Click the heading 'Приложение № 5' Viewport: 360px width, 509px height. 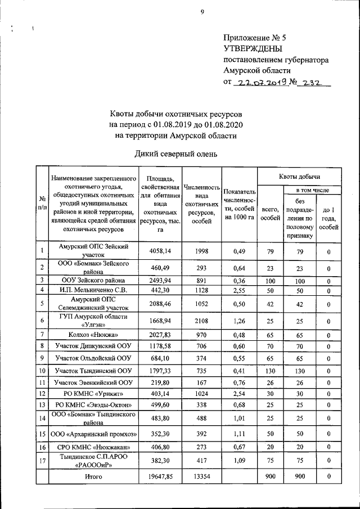[x=255, y=38]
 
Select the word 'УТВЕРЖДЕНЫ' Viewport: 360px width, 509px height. [x=253, y=49]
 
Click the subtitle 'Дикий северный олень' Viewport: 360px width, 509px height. [x=175, y=154]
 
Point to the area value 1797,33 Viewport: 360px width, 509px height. [x=161, y=371]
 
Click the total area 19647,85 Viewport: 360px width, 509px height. [x=161, y=477]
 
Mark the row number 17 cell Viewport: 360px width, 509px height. [x=42, y=462]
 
